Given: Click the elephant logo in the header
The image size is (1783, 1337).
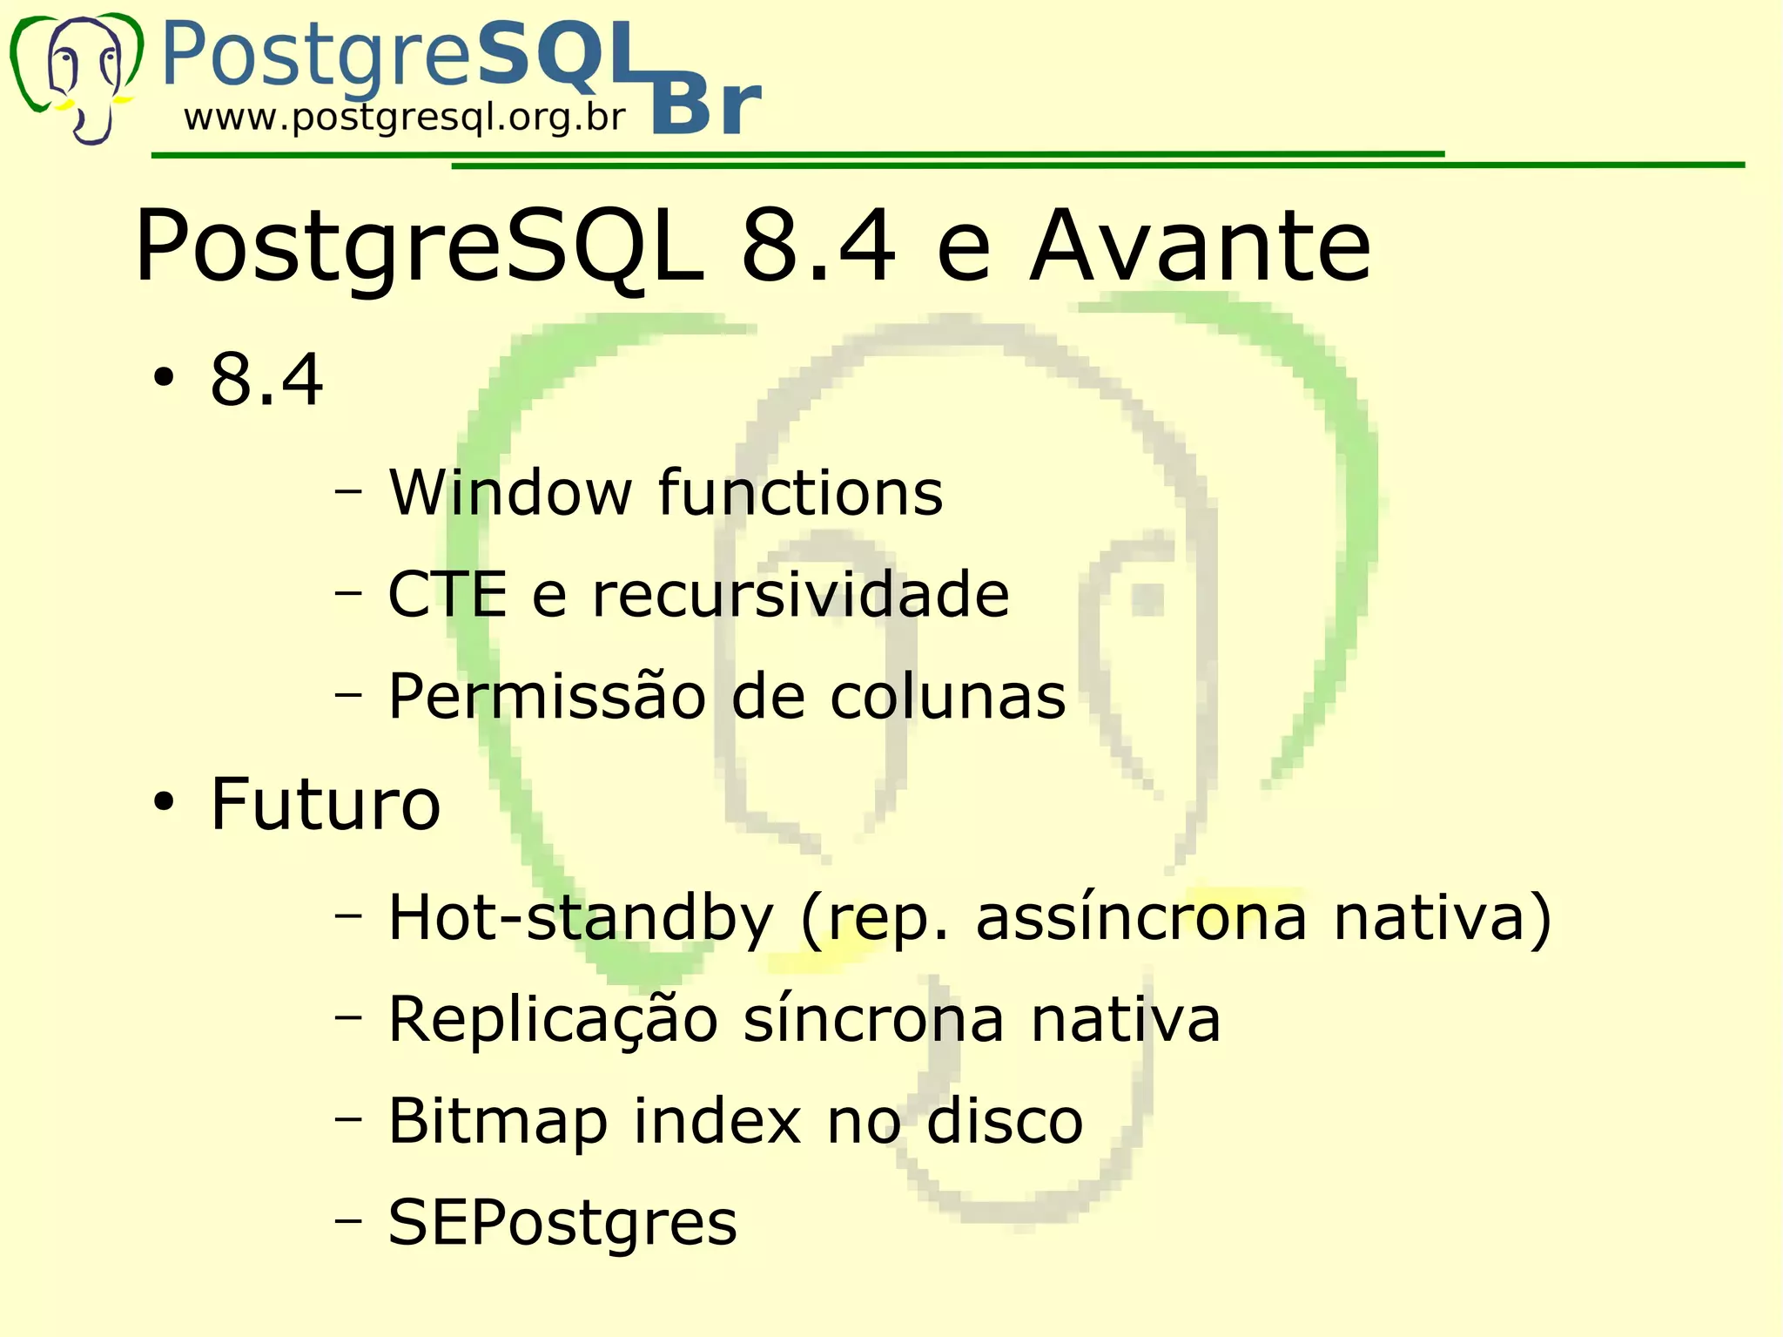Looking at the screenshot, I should point(77,77).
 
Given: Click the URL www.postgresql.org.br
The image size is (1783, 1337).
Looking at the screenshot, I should point(405,117).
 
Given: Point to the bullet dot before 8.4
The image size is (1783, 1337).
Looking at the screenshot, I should point(164,380).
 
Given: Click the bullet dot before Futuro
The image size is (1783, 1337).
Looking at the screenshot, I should point(164,803).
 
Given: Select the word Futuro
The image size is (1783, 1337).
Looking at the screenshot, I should point(326,803).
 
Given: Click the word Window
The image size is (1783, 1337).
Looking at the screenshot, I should point(510,493).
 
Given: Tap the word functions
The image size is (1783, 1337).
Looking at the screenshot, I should point(800,493).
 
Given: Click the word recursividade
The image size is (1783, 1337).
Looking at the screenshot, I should point(800,595).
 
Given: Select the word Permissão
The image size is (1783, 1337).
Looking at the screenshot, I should point(547,696).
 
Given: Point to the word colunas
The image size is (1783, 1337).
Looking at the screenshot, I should point(947,696).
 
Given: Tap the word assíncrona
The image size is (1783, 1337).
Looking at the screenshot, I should point(1141,918).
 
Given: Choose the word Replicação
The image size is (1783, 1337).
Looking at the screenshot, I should point(553,1019).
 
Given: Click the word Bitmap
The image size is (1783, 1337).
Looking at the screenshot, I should point(498,1121).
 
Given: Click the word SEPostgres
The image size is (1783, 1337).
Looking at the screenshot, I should point(562,1222).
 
